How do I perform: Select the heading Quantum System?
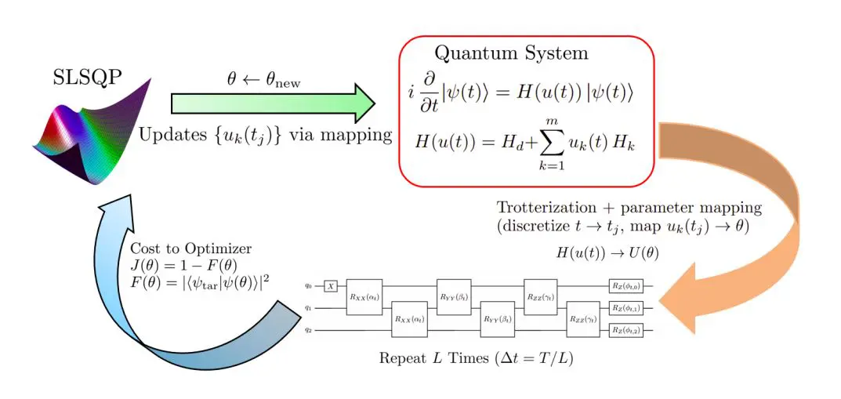click(511, 54)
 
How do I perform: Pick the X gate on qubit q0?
click(332, 288)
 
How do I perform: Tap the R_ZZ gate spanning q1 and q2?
click(582, 319)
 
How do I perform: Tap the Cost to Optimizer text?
click(191, 248)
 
